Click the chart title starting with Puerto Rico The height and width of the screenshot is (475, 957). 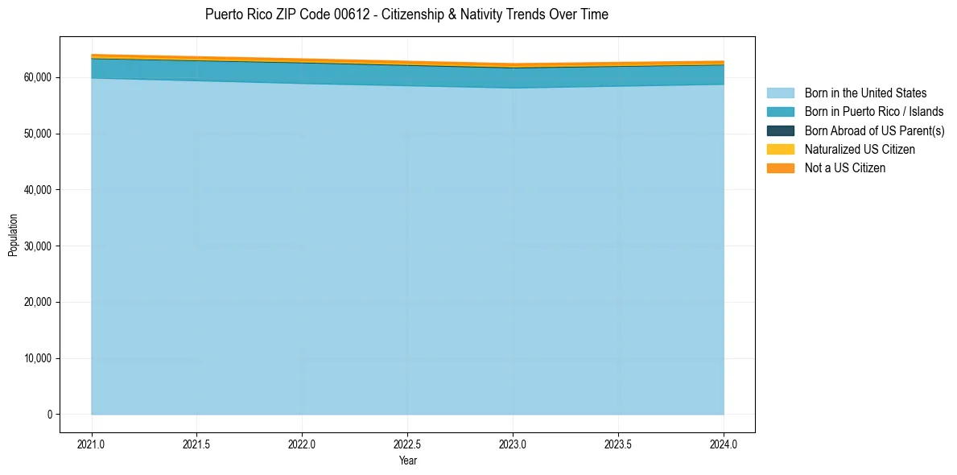[406, 14]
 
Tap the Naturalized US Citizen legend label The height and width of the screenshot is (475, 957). [860, 150]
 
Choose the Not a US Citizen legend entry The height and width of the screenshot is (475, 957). [844, 168]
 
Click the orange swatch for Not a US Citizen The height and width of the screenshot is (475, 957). [780, 168]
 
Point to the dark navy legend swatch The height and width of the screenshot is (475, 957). [780, 130]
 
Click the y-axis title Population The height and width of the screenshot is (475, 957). [13, 235]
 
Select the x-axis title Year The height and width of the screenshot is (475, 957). [407, 461]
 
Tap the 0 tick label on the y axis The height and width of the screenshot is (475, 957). [49, 415]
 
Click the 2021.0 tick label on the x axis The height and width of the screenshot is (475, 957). [92, 444]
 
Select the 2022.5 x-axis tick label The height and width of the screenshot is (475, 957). [407, 444]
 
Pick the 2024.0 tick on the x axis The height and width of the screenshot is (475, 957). [724, 444]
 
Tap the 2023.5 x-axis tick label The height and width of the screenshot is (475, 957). [618, 444]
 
